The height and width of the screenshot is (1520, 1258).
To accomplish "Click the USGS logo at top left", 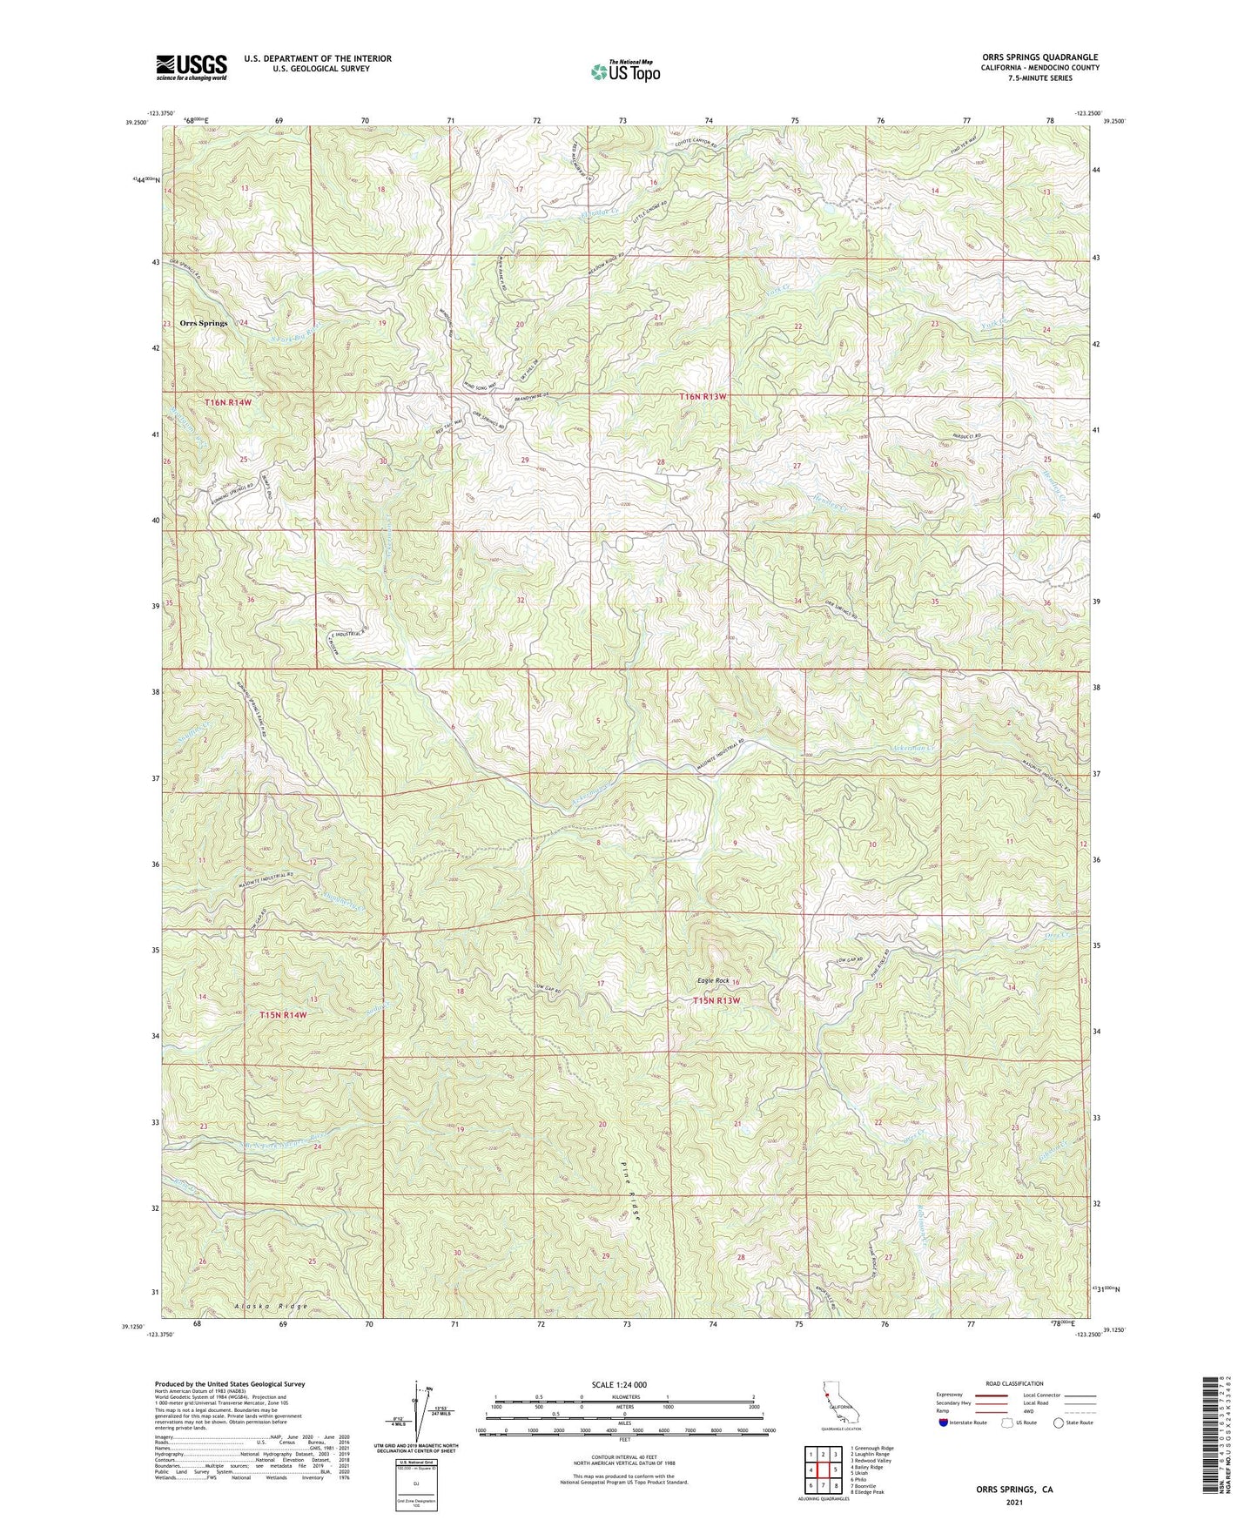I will click(192, 67).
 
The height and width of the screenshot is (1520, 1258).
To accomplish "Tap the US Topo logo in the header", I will click(624, 71).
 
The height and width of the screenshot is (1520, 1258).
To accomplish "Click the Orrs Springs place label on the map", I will click(204, 323).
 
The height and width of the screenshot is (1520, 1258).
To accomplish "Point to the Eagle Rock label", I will click(713, 981).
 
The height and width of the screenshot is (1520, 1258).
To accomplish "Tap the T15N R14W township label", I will click(284, 1015).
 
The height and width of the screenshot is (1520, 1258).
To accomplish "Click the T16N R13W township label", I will click(703, 397).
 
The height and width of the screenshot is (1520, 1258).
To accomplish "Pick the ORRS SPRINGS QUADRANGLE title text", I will click(1039, 57).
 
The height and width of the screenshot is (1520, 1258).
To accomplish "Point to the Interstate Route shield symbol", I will click(944, 1423).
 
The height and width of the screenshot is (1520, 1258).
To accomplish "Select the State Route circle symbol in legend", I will click(1059, 1423).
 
